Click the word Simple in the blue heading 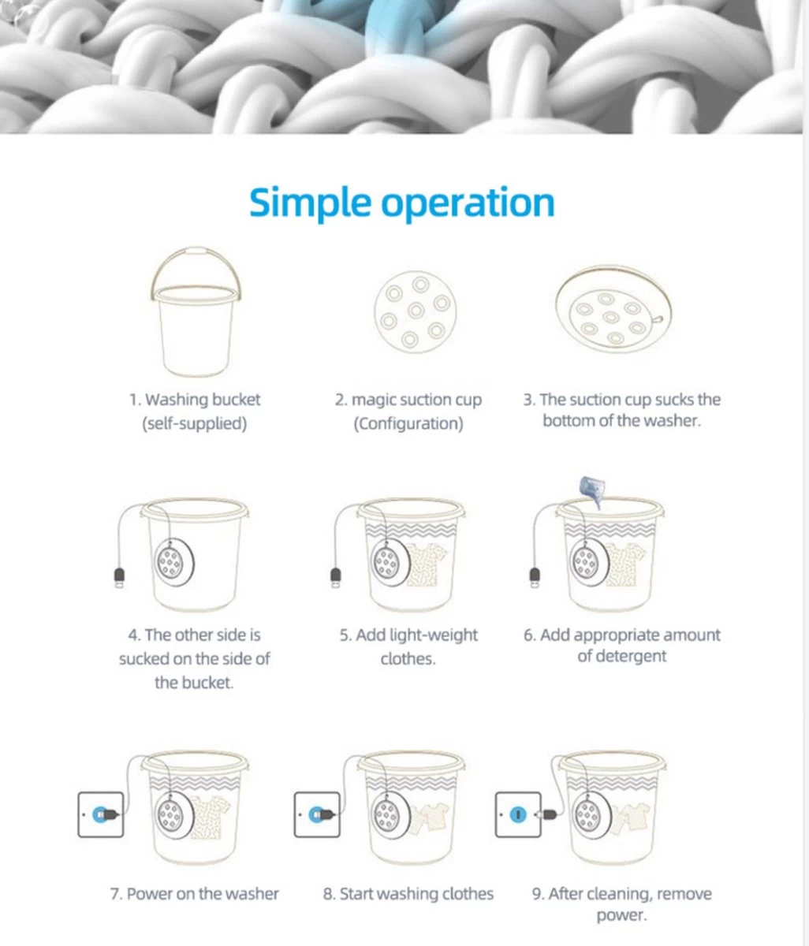pyautogui.click(x=310, y=203)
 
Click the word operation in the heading pyautogui.click(x=468, y=203)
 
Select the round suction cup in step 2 pyautogui.click(x=416, y=311)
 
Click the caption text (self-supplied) pyautogui.click(x=195, y=423)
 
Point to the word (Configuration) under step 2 pyautogui.click(x=408, y=423)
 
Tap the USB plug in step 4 pyautogui.click(x=119, y=578)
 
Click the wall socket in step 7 pyautogui.click(x=101, y=814)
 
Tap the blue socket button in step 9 pyautogui.click(x=518, y=814)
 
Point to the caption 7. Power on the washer pyautogui.click(x=194, y=893)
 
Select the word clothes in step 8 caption pyautogui.click(x=466, y=893)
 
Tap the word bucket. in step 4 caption pyautogui.click(x=194, y=683)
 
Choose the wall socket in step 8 pyautogui.click(x=317, y=814)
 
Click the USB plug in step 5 pyautogui.click(x=336, y=578)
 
